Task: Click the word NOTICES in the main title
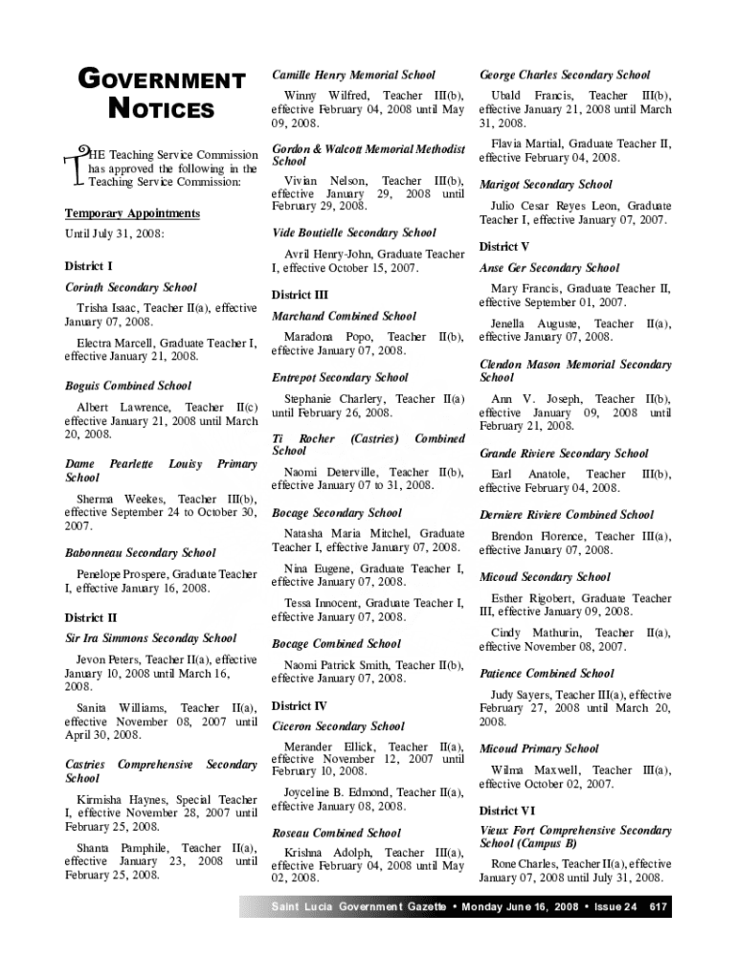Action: coord(161,110)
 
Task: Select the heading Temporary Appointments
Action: coord(132,213)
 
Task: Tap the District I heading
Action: coord(88,265)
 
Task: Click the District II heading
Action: coord(91,617)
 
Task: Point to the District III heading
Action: coord(300,295)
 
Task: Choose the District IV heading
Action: coord(300,705)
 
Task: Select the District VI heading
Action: coord(507,811)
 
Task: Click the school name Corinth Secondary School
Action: coord(130,287)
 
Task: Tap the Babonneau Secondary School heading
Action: coord(140,553)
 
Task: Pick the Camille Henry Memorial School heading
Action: coord(353,75)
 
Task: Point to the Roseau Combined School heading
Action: coord(337,833)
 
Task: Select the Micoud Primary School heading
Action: coord(539,748)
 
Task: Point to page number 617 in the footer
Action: coord(658,906)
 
